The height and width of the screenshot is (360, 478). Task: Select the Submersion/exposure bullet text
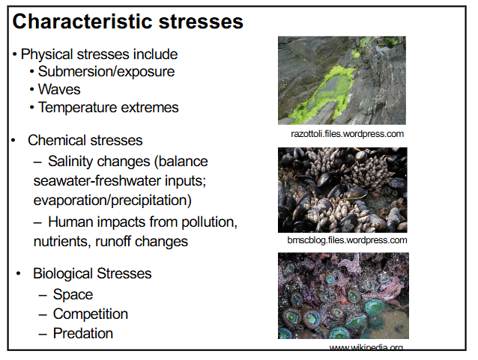pyautogui.click(x=106, y=72)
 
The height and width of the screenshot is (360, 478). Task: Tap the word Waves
pyautogui.click(x=59, y=89)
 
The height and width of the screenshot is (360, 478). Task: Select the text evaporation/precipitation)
pyautogui.click(x=112, y=200)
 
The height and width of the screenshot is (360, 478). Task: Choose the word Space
pyautogui.click(x=73, y=294)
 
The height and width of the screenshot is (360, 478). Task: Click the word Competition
pyautogui.click(x=91, y=314)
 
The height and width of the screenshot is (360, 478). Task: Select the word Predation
pyautogui.click(x=83, y=333)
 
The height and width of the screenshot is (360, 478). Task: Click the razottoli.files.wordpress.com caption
pyautogui.click(x=347, y=134)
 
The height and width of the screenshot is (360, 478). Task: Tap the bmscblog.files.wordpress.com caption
pyautogui.click(x=347, y=240)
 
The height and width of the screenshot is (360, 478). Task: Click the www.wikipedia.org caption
pyautogui.click(x=366, y=348)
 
